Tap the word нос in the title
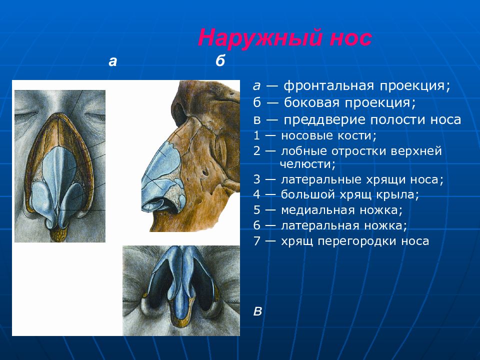point(351,39)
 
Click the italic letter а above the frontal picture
point(112,61)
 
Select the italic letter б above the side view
point(220,60)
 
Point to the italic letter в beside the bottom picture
point(258,311)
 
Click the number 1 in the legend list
point(256,135)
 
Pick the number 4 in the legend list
point(256,194)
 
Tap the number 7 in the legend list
point(256,241)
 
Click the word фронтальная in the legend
point(329,86)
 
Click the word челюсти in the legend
point(307,164)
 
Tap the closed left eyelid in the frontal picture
point(26,115)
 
